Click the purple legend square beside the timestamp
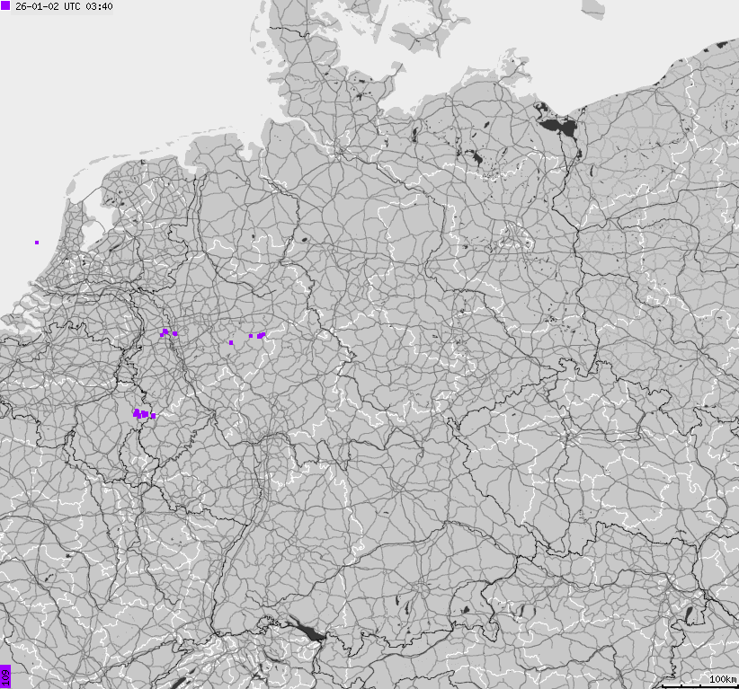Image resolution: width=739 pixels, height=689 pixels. click(6, 6)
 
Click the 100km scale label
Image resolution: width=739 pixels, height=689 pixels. click(722, 678)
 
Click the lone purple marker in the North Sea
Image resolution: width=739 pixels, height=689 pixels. click(37, 242)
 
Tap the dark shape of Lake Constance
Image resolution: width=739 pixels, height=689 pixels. click(310, 632)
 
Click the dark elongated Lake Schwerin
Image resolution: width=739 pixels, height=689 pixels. click(414, 135)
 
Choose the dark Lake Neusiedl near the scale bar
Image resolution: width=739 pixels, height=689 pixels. click(690, 615)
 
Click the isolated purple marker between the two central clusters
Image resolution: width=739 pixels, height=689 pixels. click(231, 342)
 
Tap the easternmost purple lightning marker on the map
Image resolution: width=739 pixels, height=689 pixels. click(263, 334)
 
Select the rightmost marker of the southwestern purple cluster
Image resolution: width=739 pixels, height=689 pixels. click(154, 416)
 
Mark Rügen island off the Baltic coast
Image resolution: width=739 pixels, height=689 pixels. click(519, 67)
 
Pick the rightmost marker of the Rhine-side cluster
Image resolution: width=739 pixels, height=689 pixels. click(175, 334)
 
